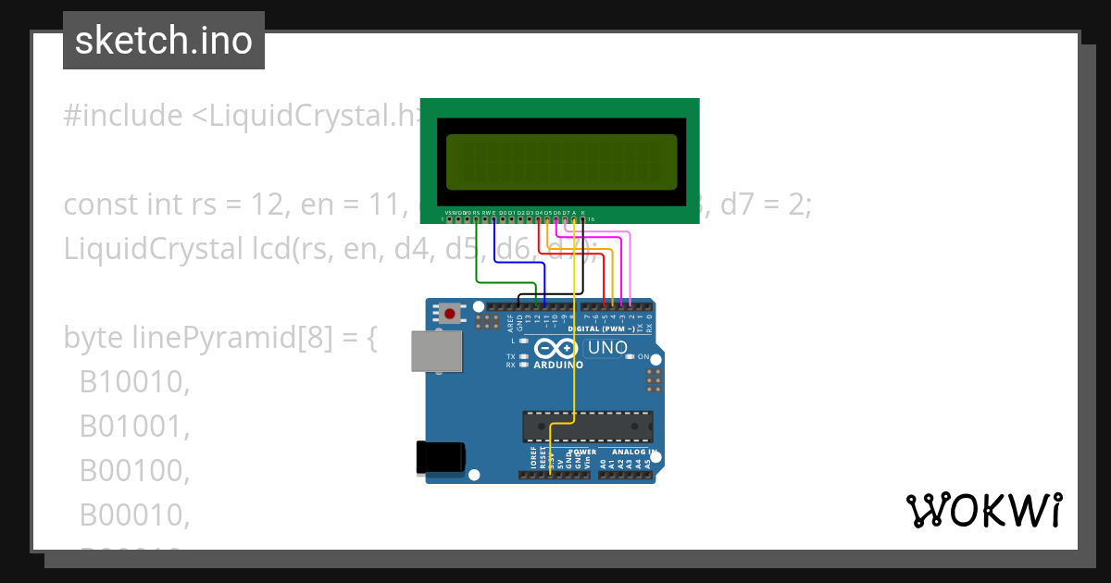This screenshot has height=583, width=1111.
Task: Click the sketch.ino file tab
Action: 164,41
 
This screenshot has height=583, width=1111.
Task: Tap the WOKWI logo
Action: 983,510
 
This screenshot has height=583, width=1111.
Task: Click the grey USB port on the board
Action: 437,352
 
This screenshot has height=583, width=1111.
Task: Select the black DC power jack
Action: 441,456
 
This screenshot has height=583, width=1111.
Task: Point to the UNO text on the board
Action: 608,348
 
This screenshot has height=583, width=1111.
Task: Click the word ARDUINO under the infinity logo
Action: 558,365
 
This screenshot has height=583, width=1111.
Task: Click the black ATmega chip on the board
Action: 587,426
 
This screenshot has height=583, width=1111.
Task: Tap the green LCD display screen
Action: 560,158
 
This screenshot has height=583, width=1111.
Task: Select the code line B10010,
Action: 134,382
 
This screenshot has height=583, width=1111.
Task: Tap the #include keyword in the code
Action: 123,116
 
